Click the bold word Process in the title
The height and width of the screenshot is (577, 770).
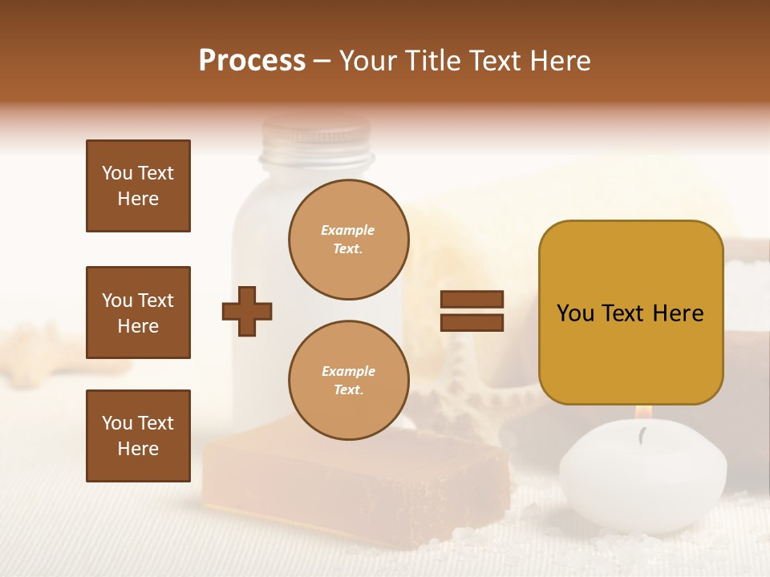[x=252, y=61]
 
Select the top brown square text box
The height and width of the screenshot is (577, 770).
[x=138, y=186]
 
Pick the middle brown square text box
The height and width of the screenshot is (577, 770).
[x=138, y=313]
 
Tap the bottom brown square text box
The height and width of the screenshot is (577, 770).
[x=138, y=435]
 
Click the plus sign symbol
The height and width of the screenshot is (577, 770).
[x=247, y=311]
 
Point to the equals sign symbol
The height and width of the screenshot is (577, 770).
[x=472, y=311]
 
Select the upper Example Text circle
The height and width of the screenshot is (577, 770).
[x=348, y=240]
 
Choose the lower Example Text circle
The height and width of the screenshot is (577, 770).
[x=348, y=380]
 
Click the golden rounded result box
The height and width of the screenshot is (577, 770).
[x=630, y=313]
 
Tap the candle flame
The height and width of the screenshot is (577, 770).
[x=642, y=413]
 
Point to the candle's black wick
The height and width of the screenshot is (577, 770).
[x=642, y=434]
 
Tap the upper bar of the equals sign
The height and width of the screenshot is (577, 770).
[x=472, y=300]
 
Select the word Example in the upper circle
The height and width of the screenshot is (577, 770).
[x=347, y=230]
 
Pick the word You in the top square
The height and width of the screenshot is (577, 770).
[x=117, y=173]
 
